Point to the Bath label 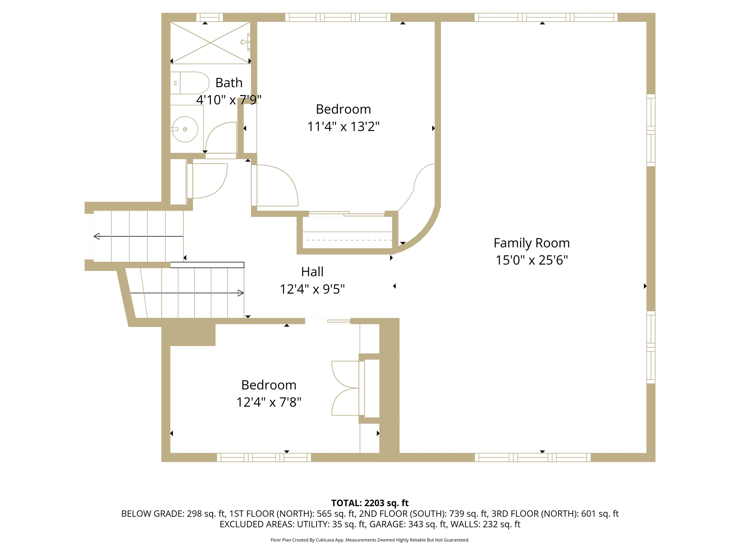(229, 83)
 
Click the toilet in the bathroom (190, 83)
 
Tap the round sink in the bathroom (185, 129)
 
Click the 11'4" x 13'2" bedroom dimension (343, 126)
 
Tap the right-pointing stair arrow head (240, 293)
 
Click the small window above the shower (209, 17)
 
